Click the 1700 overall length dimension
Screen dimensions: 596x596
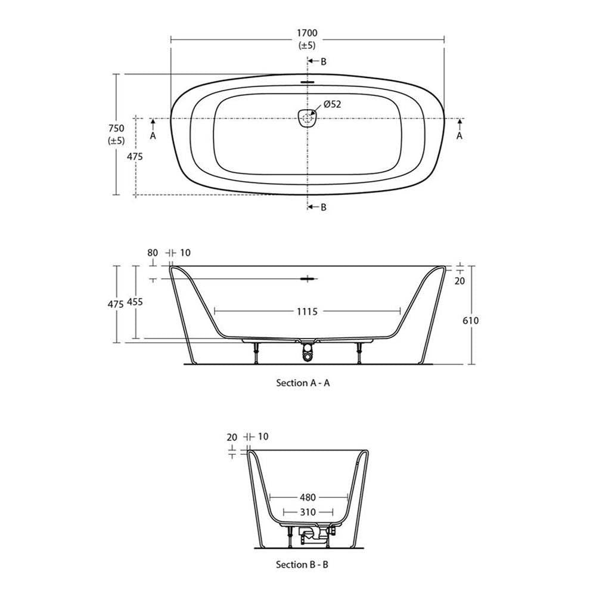click(x=307, y=33)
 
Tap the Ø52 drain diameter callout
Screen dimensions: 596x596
click(x=332, y=104)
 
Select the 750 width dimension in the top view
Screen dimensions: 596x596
click(x=116, y=129)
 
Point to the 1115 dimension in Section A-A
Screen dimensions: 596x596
click(x=307, y=312)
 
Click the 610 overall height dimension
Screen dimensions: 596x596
click(x=471, y=321)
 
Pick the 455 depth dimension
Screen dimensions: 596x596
click(x=135, y=302)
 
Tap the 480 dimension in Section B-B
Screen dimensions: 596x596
click(x=308, y=497)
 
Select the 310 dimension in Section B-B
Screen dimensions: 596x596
click(x=308, y=513)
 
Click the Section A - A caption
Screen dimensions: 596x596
click(x=303, y=383)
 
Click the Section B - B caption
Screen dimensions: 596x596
click(x=302, y=564)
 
